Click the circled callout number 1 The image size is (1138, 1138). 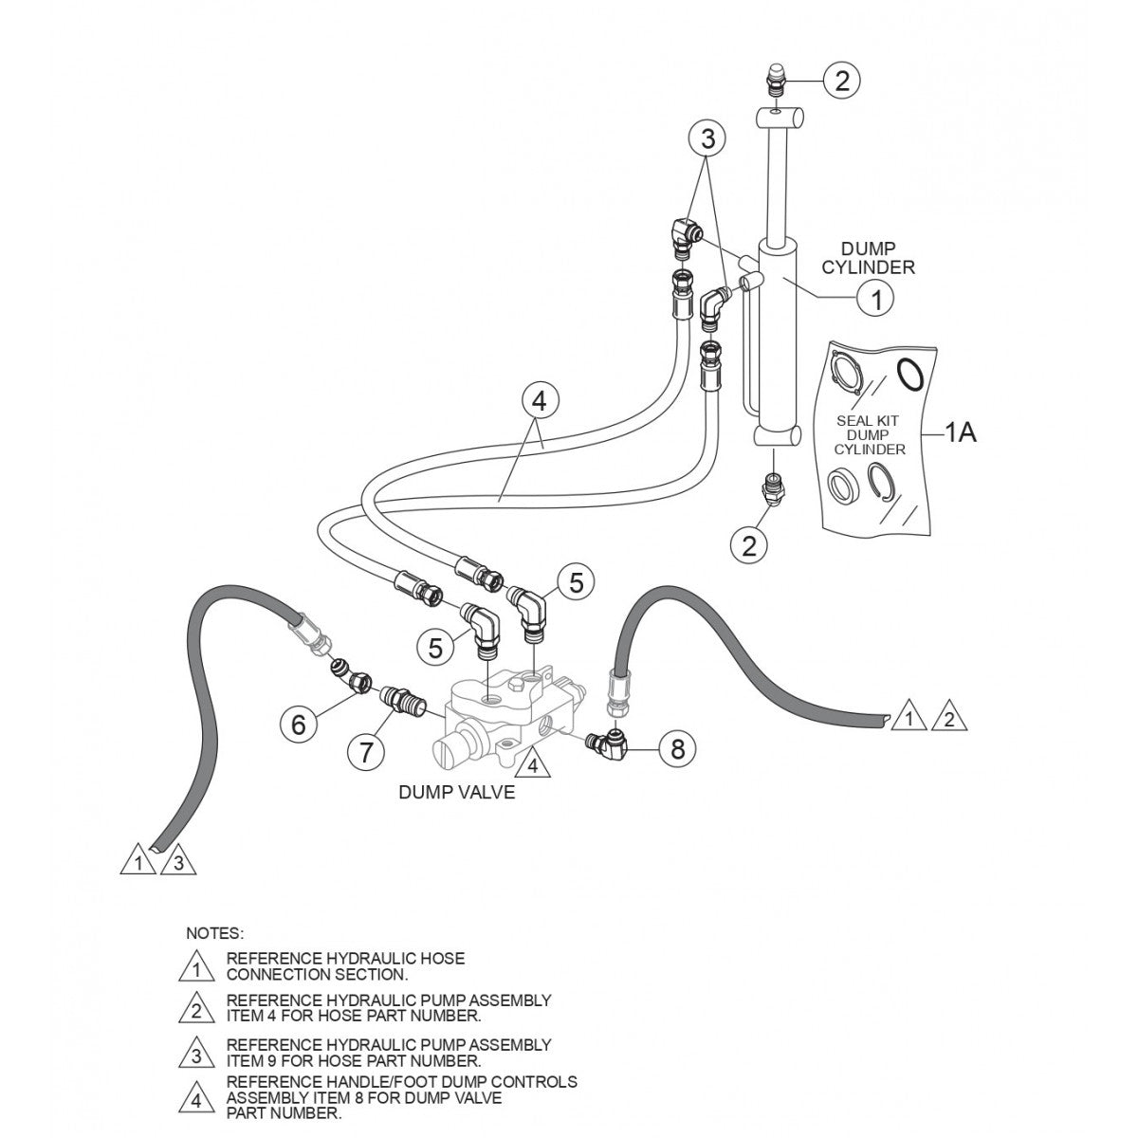point(876,299)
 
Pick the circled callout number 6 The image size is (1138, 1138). point(299,725)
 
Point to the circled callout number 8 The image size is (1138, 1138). point(677,748)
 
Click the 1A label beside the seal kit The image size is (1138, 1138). point(960,433)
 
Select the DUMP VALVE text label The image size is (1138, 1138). point(457,792)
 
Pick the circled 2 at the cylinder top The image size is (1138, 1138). point(841,81)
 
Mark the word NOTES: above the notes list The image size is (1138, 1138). point(215,933)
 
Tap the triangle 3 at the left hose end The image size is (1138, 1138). point(181,863)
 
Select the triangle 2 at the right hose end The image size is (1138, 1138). point(947,719)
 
